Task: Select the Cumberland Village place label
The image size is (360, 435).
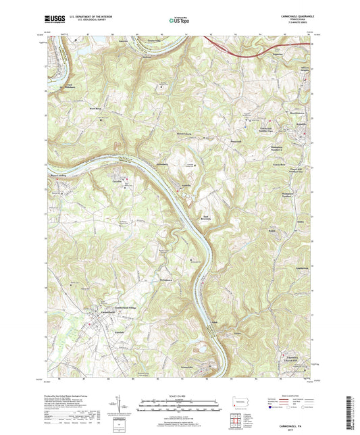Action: pyautogui.click(x=123, y=307)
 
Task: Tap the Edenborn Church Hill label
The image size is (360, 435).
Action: pyautogui.click(x=292, y=359)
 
